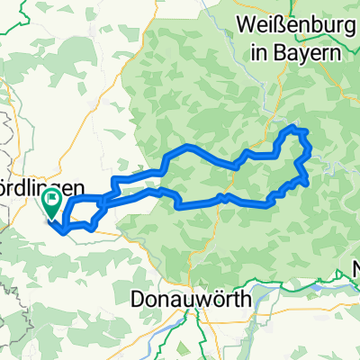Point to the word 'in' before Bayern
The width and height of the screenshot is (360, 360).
261,51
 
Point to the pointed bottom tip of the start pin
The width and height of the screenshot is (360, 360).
54,220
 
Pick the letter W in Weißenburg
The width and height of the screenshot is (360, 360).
247,24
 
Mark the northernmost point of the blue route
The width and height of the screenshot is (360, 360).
290,129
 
